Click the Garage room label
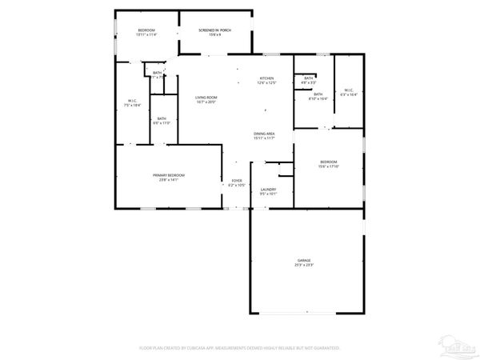304,261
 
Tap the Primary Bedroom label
169,175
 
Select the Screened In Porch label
215,30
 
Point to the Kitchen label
266,78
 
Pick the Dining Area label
265,134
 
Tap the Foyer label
237,181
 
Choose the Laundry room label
268,189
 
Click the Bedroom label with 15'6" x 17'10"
329,162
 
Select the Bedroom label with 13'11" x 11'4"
146,30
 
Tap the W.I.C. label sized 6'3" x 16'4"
349,90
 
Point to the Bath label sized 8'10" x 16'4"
318,94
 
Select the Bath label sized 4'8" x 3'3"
308,78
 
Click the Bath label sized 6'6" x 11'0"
162,118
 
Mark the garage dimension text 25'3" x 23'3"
304,266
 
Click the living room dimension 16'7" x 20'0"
207,102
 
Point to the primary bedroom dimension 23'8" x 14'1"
169,180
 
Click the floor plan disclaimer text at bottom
240,348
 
